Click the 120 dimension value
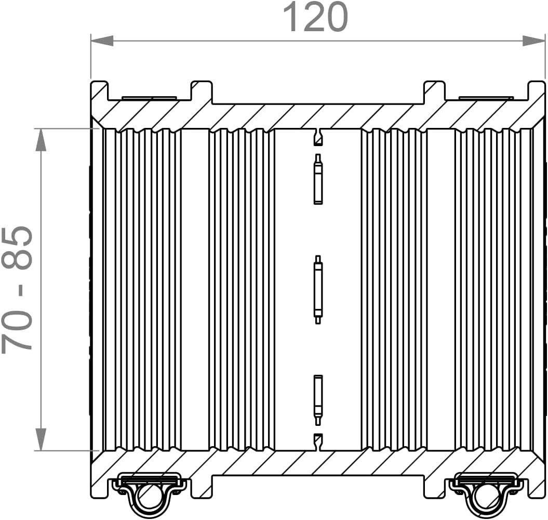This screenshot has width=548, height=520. click(315, 17)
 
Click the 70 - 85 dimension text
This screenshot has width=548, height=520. click(17, 289)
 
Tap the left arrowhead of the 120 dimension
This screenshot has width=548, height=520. click(102, 41)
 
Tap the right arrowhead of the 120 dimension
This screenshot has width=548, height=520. click(533, 41)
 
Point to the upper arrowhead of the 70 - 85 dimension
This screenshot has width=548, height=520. click(41, 140)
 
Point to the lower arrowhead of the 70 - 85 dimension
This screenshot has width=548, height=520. click(41, 439)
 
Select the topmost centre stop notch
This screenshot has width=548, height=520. click(318, 137)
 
